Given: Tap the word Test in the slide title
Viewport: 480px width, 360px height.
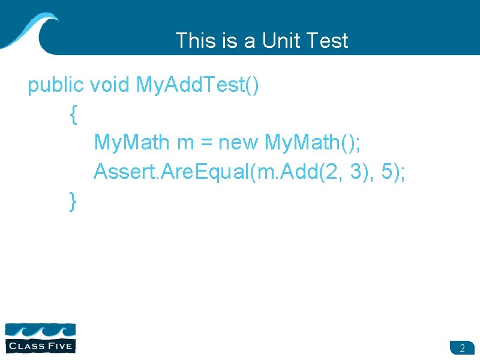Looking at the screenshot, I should [x=326, y=41].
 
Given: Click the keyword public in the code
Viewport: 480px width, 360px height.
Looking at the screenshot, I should [x=56, y=86].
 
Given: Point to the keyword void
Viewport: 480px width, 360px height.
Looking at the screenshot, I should [x=110, y=86].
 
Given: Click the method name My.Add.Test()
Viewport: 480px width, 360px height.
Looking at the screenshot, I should [x=199, y=86].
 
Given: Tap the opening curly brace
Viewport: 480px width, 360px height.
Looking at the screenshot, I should [x=73, y=115].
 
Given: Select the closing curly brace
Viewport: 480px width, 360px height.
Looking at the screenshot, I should [x=73, y=201].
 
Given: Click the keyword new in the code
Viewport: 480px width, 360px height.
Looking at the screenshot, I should [x=238, y=143].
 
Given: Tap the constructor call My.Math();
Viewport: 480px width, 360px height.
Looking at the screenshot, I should [x=311, y=143].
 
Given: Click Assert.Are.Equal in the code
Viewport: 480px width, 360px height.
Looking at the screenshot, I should [x=170, y=172].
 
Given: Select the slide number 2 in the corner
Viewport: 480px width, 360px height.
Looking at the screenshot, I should [x=462, y=348].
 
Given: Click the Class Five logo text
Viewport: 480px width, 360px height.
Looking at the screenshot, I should [x=40, y=346].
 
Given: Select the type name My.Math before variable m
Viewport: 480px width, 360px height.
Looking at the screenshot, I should [x=132, y=143].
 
